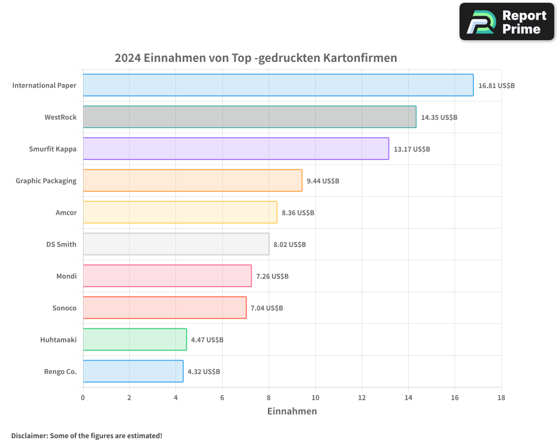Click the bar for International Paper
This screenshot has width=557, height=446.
tap(278, 85)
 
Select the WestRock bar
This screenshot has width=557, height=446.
tap(250, 117)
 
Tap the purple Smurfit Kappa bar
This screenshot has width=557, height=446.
tap(236, 149)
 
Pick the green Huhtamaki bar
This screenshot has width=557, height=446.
tap(135, 340)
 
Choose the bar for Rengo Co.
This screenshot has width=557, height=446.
tap(133, 371)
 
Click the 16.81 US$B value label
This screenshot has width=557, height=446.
tap(496, 86)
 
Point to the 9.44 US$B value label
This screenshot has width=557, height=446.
tap(323, 181)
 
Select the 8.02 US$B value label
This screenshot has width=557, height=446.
tap(290, 245)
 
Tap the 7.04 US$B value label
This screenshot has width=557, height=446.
tap(267, 308)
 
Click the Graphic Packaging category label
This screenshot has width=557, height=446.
tap(46, 181)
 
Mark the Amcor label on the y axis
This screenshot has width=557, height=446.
tap(66, 213)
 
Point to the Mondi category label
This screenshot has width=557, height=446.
tap(66, 277)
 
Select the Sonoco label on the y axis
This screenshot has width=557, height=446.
tap(64, 308)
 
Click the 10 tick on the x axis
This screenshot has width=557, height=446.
tap(315, 397)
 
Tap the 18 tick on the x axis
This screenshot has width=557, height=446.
tap(501, 397)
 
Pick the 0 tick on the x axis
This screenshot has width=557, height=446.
tap(83, 397)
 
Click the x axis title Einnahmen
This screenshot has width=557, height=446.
tap(292, 411)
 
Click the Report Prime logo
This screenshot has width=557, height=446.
tap(506, 22)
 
